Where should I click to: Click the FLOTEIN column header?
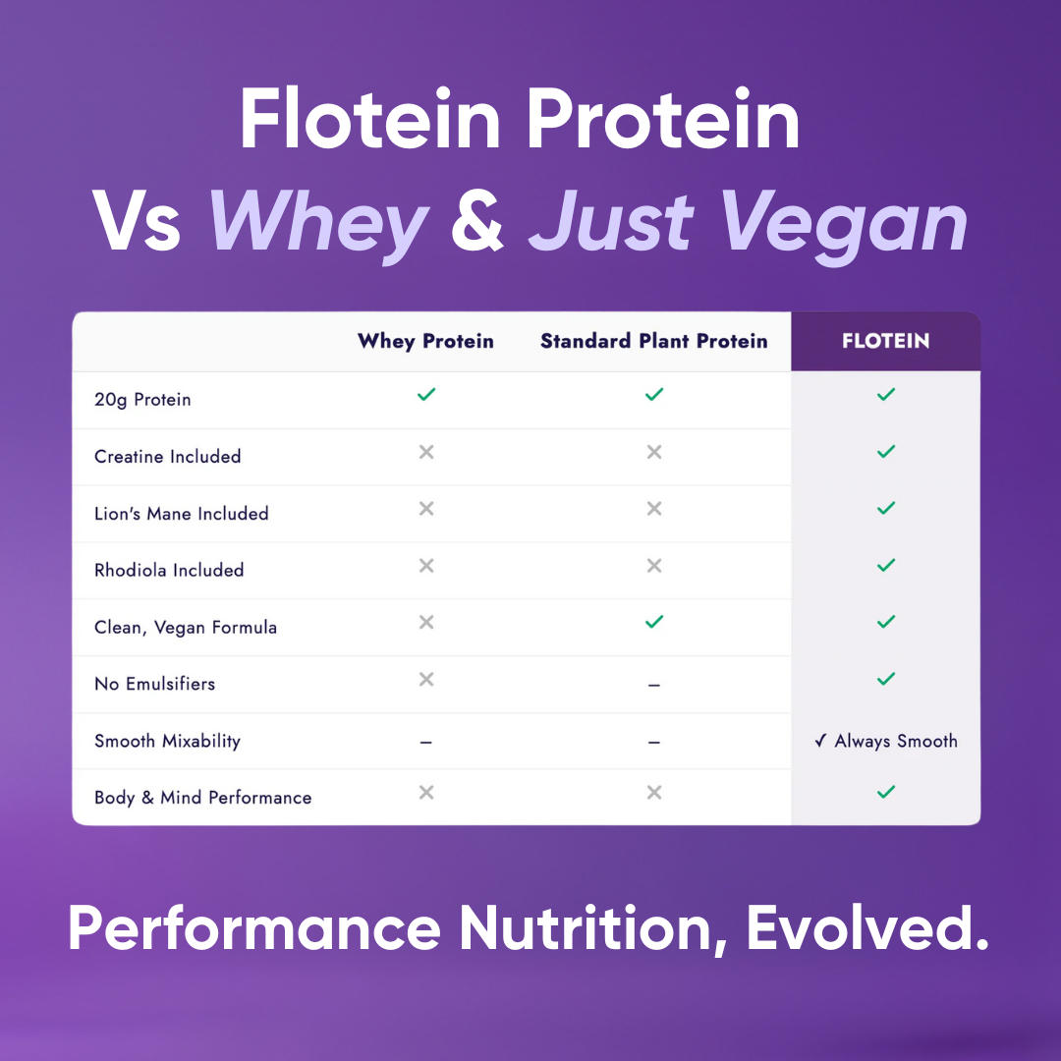(x=885, y=342)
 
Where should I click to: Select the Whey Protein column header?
(x=425, y=342)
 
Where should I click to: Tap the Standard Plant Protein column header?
(x=653, y=342)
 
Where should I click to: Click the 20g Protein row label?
(x=142, y=400)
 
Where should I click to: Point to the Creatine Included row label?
(x=167, y=457)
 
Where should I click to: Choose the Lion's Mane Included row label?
(x=181, y=514)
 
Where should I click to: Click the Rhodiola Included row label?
(x=169, y=571)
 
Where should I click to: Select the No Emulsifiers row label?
(x=154, y=685)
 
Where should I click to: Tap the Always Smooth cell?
(x=886, y=742)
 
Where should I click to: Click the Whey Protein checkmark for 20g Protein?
(x=425, y=395)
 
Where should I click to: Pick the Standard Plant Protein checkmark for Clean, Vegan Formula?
(x=653, y=622)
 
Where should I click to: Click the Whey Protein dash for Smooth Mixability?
(x=425, y=743)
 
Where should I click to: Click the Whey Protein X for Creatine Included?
(x=425, y=452)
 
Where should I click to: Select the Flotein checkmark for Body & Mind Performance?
(x=886, y=792)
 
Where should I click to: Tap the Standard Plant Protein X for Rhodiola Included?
(x=653, y=566)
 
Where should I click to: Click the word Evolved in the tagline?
(x=866, y=928)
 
